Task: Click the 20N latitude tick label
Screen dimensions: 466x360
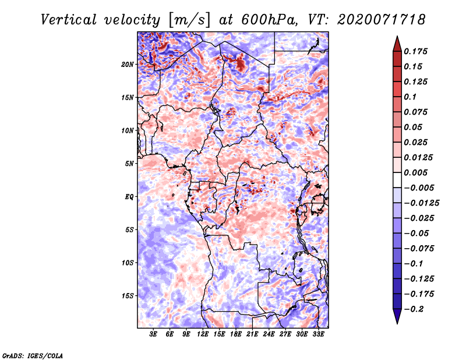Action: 128,65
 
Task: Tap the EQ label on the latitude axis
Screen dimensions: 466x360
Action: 129,197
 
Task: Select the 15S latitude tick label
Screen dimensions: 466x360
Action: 128,296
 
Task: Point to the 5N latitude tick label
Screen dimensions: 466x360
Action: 129,164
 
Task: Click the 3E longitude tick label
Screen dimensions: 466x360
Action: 153,334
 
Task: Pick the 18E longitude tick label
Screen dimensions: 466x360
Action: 236,334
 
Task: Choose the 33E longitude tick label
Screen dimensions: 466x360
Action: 318,334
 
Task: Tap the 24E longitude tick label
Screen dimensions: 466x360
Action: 269,334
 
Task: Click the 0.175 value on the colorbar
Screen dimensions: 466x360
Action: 415,51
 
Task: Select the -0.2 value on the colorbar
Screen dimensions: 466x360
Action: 414,309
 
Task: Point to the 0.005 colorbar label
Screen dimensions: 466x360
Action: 415,172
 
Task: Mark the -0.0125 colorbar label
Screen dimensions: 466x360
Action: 421,203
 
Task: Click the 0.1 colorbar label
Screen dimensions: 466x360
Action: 410,97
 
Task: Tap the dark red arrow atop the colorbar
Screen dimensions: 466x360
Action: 397,44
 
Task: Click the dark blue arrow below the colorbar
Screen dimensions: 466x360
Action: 397,316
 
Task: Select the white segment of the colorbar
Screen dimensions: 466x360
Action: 397,180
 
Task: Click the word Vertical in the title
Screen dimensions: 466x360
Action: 69,20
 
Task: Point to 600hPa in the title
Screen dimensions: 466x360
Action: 269,20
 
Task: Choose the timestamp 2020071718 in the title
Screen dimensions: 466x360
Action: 382,20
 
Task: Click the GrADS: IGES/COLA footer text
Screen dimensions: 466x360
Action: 33,355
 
